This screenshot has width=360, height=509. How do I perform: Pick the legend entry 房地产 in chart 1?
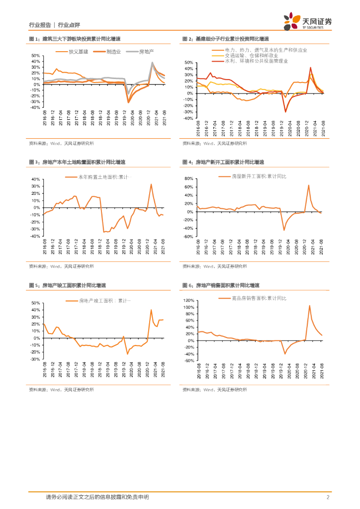(x=142, y=52)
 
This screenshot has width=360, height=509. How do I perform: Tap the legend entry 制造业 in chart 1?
(x=108, y=52)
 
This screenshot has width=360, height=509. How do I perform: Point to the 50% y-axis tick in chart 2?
(x=188, y=63)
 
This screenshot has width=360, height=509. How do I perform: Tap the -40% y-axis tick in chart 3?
(x=35, y=237)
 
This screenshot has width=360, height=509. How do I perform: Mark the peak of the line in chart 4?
(x=308, y=185)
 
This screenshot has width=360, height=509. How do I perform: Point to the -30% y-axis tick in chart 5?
(x=35, y=359)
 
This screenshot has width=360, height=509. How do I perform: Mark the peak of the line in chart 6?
(x=309, y=306)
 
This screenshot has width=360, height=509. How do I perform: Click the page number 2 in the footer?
(x=328, y=497)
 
